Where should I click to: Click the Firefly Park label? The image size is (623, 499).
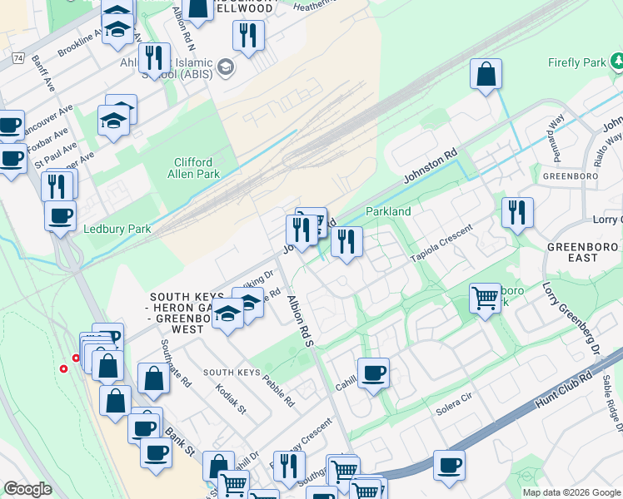click(576, 62)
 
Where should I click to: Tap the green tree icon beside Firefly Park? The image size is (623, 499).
click(617, 62)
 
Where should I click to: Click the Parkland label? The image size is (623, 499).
click(388, 211)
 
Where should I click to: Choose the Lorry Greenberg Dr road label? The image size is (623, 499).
click(560, 319)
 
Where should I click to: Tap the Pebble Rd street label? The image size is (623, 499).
click(278, 391)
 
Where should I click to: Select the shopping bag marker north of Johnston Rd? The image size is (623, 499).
click(486, 75)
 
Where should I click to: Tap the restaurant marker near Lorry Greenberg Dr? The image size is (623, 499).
click(517, 213)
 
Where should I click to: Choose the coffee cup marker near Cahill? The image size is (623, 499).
click(373, 373)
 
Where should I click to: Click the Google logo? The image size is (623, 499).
click(27, 489)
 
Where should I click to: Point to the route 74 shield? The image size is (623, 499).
click(17, 57)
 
